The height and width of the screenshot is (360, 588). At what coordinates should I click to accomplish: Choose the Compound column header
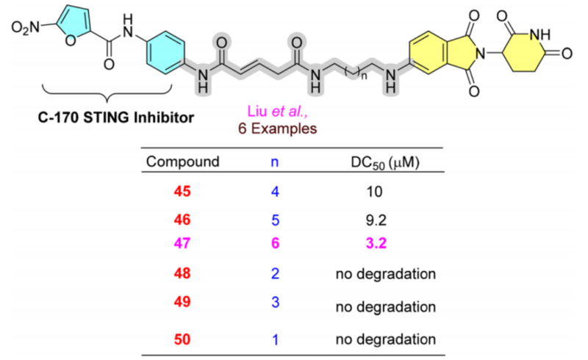[182, 162]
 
